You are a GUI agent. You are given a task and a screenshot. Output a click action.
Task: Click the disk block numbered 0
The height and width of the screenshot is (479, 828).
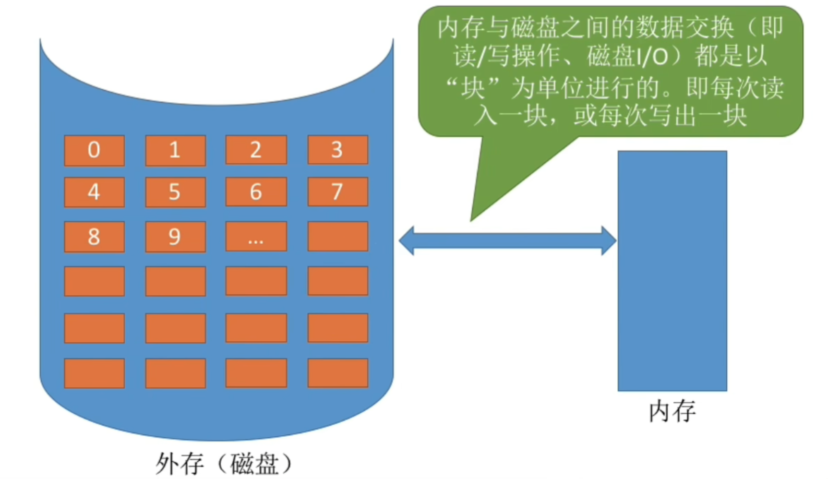pyautogui.click(x=94, y=150)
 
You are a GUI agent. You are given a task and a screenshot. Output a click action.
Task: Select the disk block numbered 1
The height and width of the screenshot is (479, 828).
pyautogui.click(x=175, y=150)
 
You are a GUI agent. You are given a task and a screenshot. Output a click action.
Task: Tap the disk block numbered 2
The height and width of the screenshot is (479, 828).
pyautogui.click(x=256, y=150)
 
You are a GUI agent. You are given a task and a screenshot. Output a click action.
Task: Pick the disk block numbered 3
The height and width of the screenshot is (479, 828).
pyautogui.click(x=338, y=150)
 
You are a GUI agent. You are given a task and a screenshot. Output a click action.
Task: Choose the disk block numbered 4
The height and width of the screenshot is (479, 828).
pyautogui.click(x=94, y=192)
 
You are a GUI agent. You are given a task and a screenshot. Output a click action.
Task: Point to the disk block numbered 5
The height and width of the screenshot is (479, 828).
pyautogui.click(x=175, y=192)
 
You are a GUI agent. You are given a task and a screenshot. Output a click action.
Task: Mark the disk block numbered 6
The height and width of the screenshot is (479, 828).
pyautogui.click(x=256, y=192)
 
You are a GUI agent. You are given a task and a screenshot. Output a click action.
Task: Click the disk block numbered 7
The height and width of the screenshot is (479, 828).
pyautogui.click(x=338, y=192)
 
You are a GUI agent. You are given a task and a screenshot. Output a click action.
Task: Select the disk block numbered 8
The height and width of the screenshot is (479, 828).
pyautogui.click(x=94, y=236)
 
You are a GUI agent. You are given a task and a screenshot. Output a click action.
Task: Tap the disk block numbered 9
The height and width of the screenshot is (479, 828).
pyautogui.click(x=175, y=236)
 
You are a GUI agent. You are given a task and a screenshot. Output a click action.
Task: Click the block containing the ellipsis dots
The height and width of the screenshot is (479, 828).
pyautogui.click(x=256, y=236)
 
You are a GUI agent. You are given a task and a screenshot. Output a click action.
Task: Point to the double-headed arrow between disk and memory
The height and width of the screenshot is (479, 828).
pyautogui.click(x=507, y=241)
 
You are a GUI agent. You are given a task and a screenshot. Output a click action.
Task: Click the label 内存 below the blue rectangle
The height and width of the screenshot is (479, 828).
pyautogui.click(x=672, y=411)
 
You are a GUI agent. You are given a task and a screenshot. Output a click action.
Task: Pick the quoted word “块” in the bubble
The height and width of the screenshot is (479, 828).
pyautogui.click(x=473, y=87)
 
